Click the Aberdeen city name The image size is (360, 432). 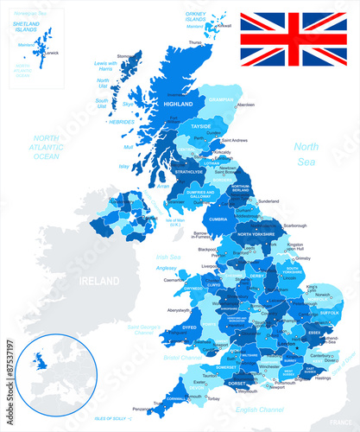click(245, 105)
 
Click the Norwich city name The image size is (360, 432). click(324, 294)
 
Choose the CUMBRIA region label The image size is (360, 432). click(218, 219)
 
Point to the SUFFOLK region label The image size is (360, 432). click(329, 313)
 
